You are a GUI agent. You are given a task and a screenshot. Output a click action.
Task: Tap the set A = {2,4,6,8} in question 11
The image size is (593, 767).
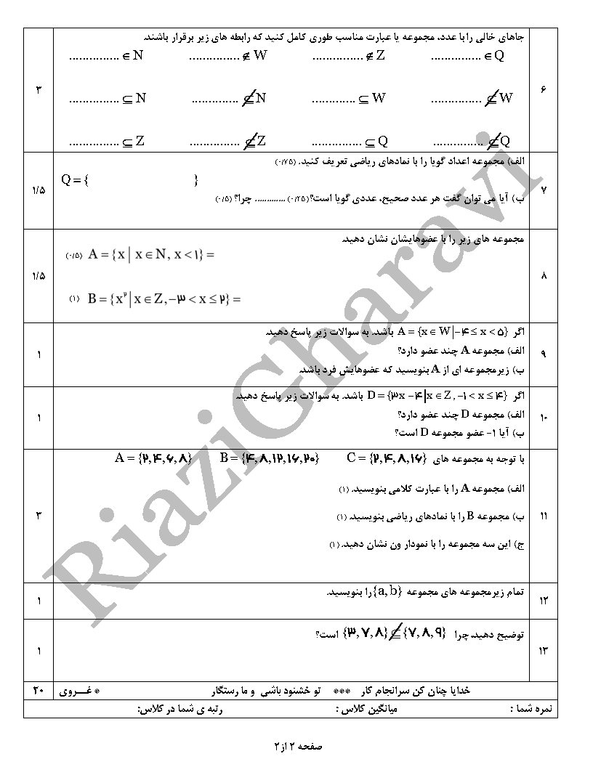point(153,458)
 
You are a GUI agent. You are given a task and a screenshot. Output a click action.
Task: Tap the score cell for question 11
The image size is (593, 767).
point(38,516)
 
